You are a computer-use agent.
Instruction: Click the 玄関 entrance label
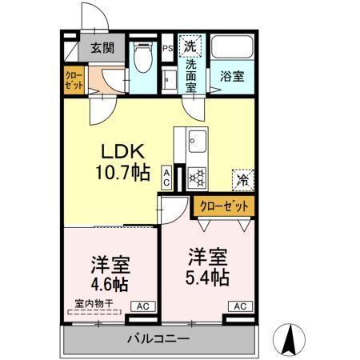[x=101, y=48]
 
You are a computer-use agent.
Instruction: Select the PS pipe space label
[x=168, y=48]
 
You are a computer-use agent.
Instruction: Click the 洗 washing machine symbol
[x=191, y=44]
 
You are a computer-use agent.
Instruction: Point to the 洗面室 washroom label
[x=191, y=76]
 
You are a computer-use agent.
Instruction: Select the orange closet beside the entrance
[x=74, y=82]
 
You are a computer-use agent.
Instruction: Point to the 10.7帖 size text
[x=122, y=170]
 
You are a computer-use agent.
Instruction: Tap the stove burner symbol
[x=198, y=175]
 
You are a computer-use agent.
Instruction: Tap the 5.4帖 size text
[x=208, y=277]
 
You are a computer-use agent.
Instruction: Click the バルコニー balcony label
[x=158, y=339]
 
